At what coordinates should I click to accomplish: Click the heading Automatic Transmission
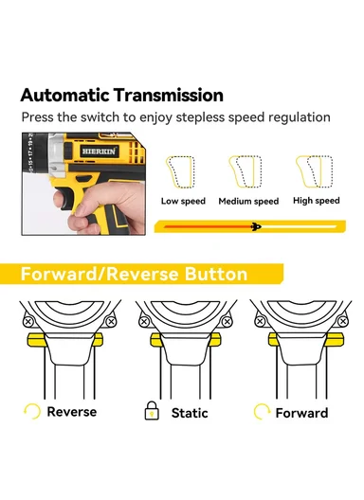coord(121,96)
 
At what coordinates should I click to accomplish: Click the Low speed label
coord(183,201)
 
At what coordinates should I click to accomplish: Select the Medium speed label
coord(248,201)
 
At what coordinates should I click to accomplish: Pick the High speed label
coord(316,201)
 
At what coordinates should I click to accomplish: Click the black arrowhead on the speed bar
coord(255,225)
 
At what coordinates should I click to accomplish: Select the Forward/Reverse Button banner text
coord(134,275)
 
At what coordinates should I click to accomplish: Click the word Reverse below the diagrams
coord(72,412)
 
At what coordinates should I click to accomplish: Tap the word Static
coord(190,413)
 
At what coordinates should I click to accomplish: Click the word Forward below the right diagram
coord(301,413)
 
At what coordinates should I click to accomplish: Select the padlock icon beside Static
coord(150,412)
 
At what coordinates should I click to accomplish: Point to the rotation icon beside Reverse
coord(33,412)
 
